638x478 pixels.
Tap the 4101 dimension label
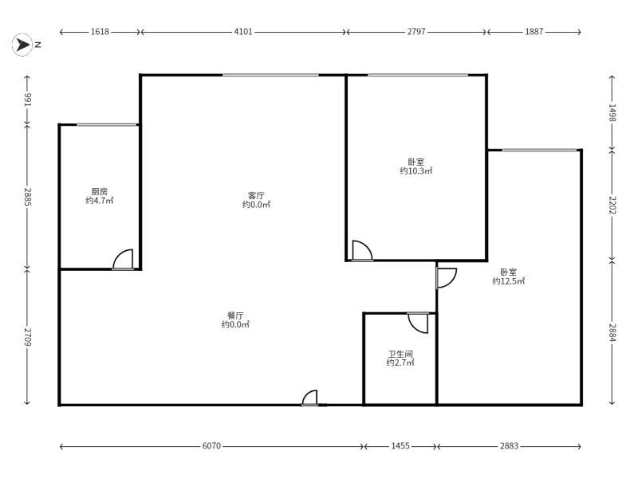pos(243,32)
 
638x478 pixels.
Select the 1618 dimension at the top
pos(100,32)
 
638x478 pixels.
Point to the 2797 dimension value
pos(416,32)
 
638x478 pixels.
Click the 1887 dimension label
pos(534,32)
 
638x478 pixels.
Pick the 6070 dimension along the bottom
pos(211,446)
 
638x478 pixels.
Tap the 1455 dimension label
pos(400,446)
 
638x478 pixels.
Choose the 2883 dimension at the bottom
pos(509,446)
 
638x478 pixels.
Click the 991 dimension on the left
pos(27,100)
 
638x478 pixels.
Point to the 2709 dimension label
pos(27,337)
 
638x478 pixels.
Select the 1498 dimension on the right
pos(612,112)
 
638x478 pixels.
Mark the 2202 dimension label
pos(612,206)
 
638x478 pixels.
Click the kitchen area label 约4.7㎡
pos(100,201)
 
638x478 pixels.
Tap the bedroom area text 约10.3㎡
pos(415,170)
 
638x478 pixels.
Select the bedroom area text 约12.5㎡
pos(509,281)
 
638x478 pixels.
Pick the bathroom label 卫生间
pos(400,354)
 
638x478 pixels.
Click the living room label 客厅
pos(256,195)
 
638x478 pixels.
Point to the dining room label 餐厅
pos(235,315)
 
